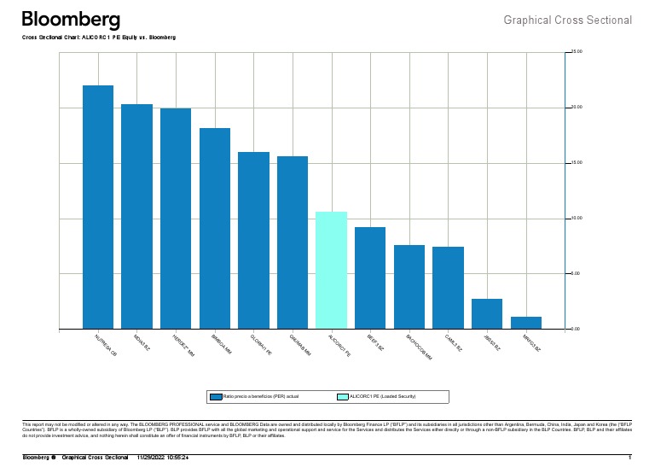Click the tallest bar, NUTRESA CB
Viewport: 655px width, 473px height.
(x=98, y=207)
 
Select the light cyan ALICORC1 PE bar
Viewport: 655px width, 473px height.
(x=331, y=270)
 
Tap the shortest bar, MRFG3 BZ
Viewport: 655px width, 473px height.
(x=525, y=323)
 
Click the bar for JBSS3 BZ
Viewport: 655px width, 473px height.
(x=487, y=313)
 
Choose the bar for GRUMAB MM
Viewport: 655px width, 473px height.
(x=293, y=242)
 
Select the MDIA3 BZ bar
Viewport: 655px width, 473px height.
(x=136, y=216)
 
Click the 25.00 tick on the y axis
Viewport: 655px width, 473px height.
(x=576, y=52)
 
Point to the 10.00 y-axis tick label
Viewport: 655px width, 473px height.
(x=576, y=219)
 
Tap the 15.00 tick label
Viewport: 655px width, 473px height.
(x=576, y=163)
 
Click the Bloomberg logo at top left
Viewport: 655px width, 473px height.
(x=71, y=20)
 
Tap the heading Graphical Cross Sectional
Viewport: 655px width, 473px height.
(x=567, y=20)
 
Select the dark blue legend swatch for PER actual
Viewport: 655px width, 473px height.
(x=216, y=397)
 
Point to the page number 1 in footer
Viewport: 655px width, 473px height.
(x=629, y=458)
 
